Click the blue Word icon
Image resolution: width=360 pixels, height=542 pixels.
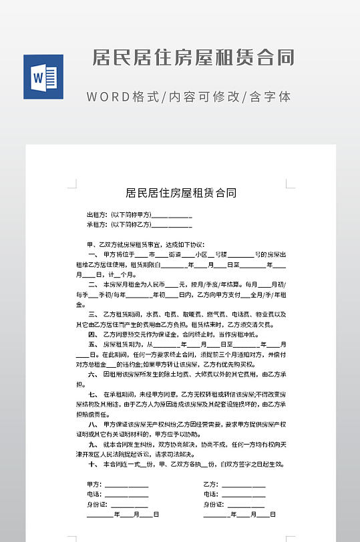point(43,77)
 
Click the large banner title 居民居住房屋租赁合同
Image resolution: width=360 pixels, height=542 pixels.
point(194,57)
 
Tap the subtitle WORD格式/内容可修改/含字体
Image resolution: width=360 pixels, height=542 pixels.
point(189,97)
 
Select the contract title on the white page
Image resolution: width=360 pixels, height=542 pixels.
point(181,194)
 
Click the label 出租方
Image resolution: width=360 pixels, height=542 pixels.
point(97,215)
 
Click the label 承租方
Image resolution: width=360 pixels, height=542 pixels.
point(97,225)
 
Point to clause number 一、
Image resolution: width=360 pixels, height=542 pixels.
point(93,255)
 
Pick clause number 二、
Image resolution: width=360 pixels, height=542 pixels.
point(93,284)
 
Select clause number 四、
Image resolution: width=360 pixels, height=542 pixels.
point(93,334)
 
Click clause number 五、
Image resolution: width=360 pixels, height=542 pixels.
point(93,344)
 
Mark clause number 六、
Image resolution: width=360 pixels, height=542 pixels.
point(93,374)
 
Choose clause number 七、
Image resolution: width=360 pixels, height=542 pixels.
point(93,394)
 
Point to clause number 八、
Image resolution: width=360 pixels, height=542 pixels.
point(93,424)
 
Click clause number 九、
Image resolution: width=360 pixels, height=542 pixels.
point(93,444)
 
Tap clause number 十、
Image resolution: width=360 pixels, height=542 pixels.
point(93,464)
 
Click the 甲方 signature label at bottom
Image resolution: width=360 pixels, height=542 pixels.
point(94,485)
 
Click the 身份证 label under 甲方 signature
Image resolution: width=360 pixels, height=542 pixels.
point(97,505)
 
